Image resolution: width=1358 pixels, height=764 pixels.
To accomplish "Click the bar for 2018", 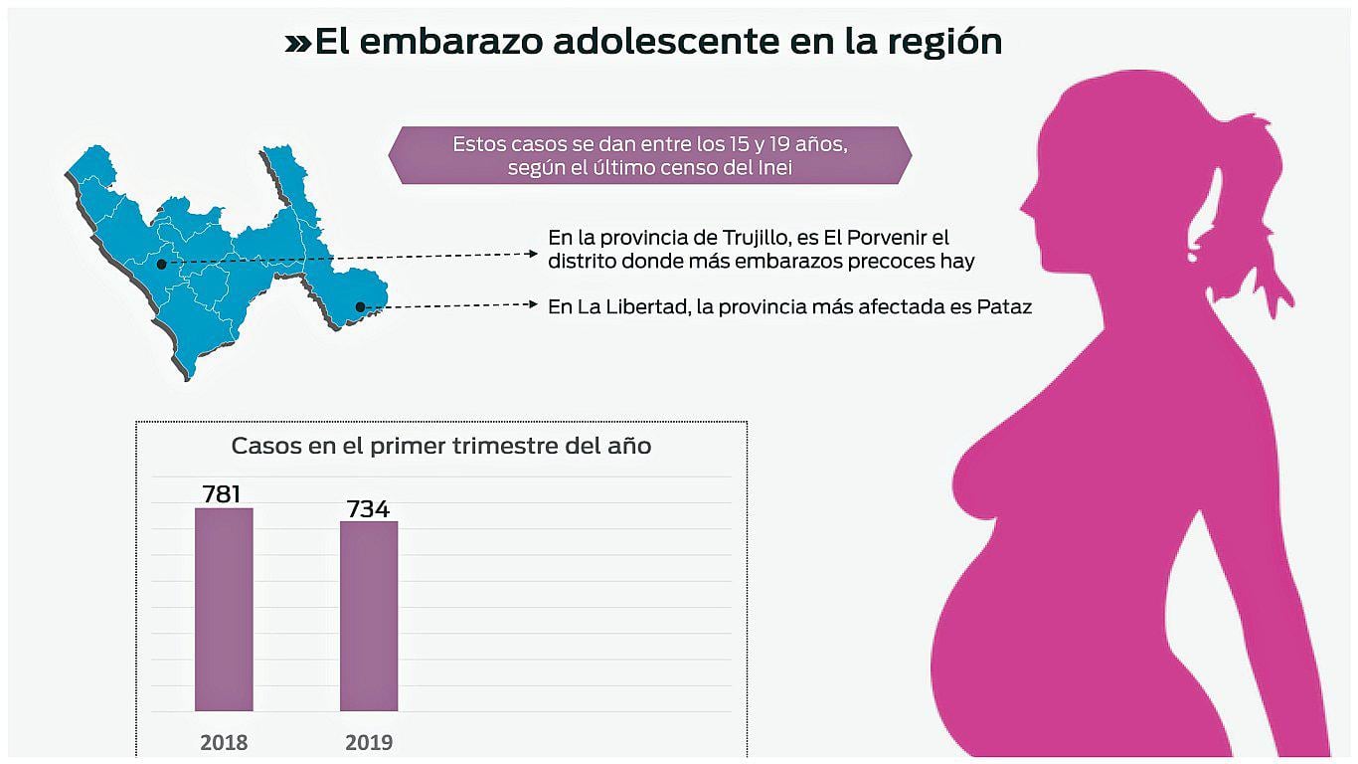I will [224, 609].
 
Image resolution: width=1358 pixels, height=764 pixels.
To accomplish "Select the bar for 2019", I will [369, 616].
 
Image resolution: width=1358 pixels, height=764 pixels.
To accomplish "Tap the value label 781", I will [223, 493].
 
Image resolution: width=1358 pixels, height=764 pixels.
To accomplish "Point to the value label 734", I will [368, 508].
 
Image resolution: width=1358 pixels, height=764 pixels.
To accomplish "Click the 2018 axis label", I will [224, 742].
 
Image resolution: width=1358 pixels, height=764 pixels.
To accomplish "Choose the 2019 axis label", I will [369, 742].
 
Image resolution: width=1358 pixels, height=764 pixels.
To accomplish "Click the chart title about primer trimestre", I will [441, 446].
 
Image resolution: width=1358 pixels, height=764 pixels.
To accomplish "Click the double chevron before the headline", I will [297, 43].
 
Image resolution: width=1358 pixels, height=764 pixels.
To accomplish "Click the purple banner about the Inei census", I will [649, 155].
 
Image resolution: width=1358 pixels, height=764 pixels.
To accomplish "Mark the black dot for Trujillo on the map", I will [161, 264].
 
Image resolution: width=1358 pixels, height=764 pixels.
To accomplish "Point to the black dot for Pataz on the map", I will [360, 307].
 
